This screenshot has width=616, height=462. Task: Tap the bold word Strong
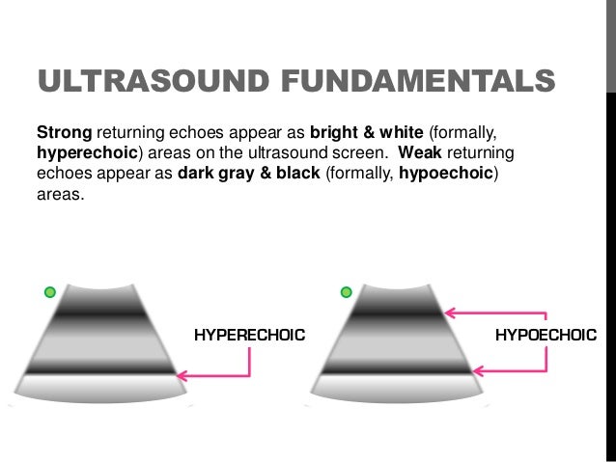tap(64, 129)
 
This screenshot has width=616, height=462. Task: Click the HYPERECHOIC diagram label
tap(249, 336)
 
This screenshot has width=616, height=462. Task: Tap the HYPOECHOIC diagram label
tap(546, 336)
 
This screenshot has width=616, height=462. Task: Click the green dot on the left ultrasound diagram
tap(50, 292)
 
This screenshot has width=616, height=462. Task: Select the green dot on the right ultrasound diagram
tap(346, 292)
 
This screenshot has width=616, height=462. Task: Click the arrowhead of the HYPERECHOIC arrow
tap(182, 375)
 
